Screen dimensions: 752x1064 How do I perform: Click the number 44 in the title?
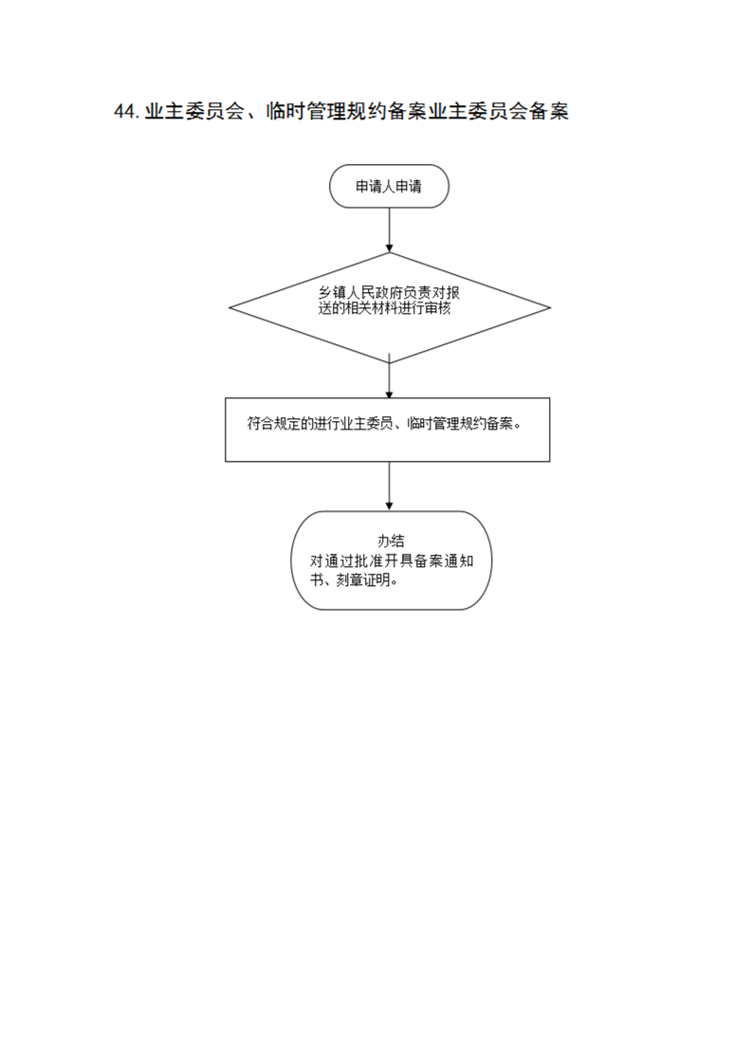[x=125, y=111]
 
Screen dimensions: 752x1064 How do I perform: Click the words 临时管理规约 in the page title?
[x=325, y=111]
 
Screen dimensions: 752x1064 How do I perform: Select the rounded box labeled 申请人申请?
[x=389, y=186]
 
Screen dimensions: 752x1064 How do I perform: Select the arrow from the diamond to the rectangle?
[x=389, y=376]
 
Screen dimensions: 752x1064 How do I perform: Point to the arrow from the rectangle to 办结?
[x=389, y=486]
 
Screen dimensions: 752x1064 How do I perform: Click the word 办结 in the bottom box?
[x=391, y=541]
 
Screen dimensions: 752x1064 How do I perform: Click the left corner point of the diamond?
[x=229, y=308]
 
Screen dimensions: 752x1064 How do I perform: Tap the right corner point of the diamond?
[x=550, y=308]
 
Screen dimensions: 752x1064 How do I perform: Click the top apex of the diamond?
[x=390, y=253]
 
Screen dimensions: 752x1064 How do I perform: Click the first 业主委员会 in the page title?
[x=194, y=111]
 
